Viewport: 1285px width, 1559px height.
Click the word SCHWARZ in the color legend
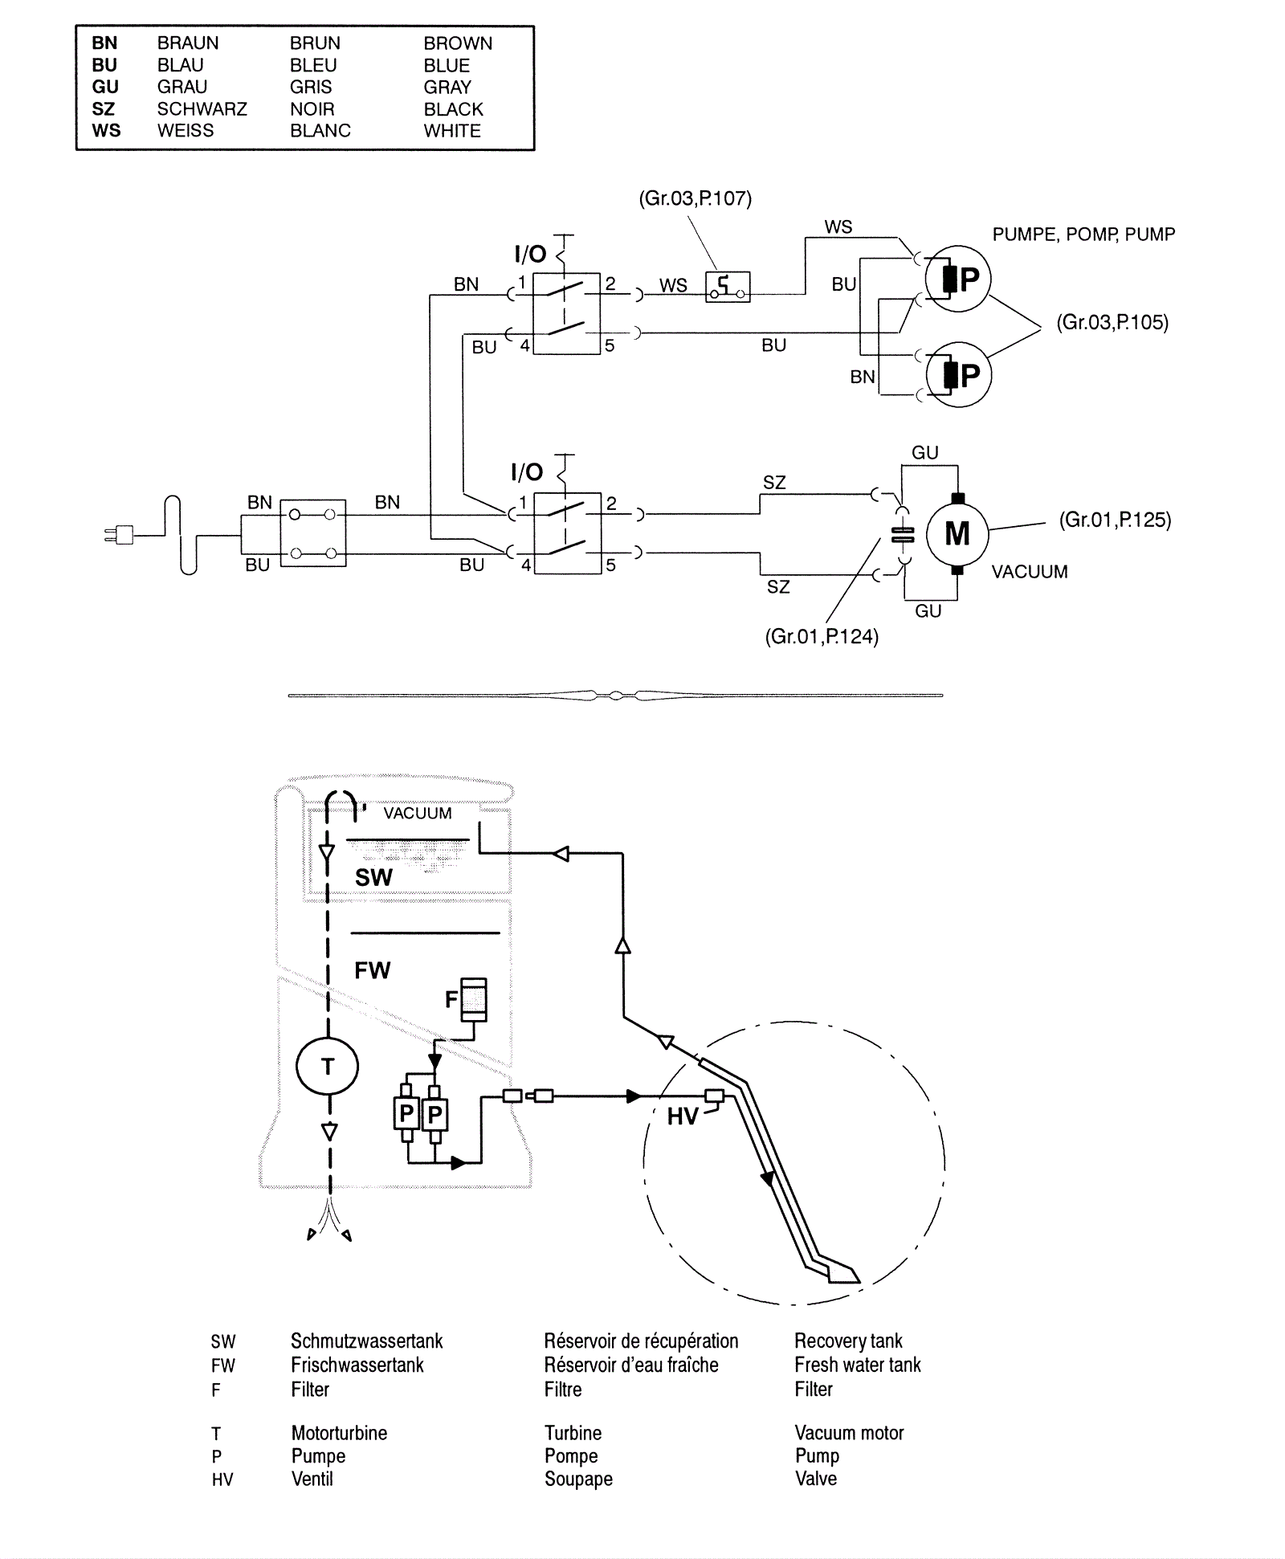point(202,108)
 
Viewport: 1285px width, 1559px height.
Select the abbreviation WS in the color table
point(106,130)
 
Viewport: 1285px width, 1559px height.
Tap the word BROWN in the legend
point(458,43)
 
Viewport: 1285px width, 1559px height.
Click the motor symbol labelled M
point(957,533)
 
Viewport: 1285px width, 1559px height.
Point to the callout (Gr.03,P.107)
point(695,198)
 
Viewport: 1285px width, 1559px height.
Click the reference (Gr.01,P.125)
point(1115,520)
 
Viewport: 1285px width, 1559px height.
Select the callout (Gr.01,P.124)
point(822,636)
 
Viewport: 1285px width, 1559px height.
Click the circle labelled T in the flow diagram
point(327,1067)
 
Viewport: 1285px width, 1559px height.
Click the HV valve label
point(683,1116)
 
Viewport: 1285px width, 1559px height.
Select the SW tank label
point(373,877)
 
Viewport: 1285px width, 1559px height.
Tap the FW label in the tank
point(372,970)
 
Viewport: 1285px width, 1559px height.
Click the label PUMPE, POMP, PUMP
point(1083,235)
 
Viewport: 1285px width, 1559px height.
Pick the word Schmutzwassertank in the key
point(366,1341)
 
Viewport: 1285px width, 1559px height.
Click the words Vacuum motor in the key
point(849,1433)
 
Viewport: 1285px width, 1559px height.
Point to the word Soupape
point(578,1479)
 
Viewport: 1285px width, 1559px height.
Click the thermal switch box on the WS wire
point(728,287)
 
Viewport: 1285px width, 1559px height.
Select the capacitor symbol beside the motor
point(903,535)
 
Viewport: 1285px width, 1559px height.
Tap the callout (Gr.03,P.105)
point(1112,322)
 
